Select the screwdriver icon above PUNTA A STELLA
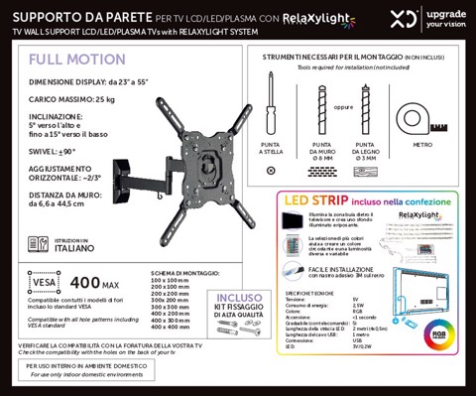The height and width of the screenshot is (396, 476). (x=272, y=109)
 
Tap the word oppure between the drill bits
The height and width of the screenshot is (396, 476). (x=343, y=108)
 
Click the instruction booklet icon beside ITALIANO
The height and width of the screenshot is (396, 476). (x=37, y=245)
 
